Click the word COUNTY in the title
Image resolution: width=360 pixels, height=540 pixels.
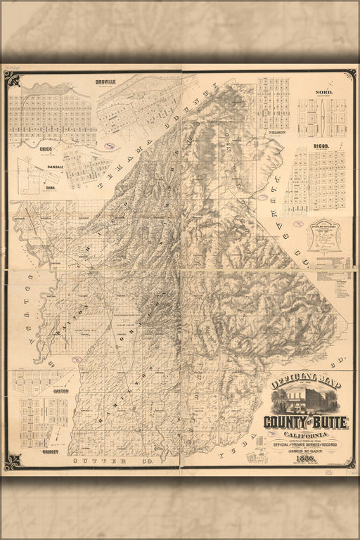[x=285, y=422]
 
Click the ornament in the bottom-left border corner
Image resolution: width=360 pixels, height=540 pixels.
[x=13, y=461]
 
